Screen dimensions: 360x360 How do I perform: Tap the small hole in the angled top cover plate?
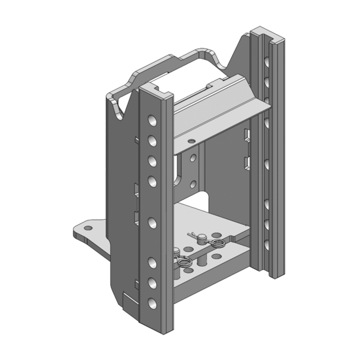(193, 141)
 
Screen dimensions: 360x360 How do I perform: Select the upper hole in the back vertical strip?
(193, 157)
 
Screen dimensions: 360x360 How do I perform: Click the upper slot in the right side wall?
(247, 135)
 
